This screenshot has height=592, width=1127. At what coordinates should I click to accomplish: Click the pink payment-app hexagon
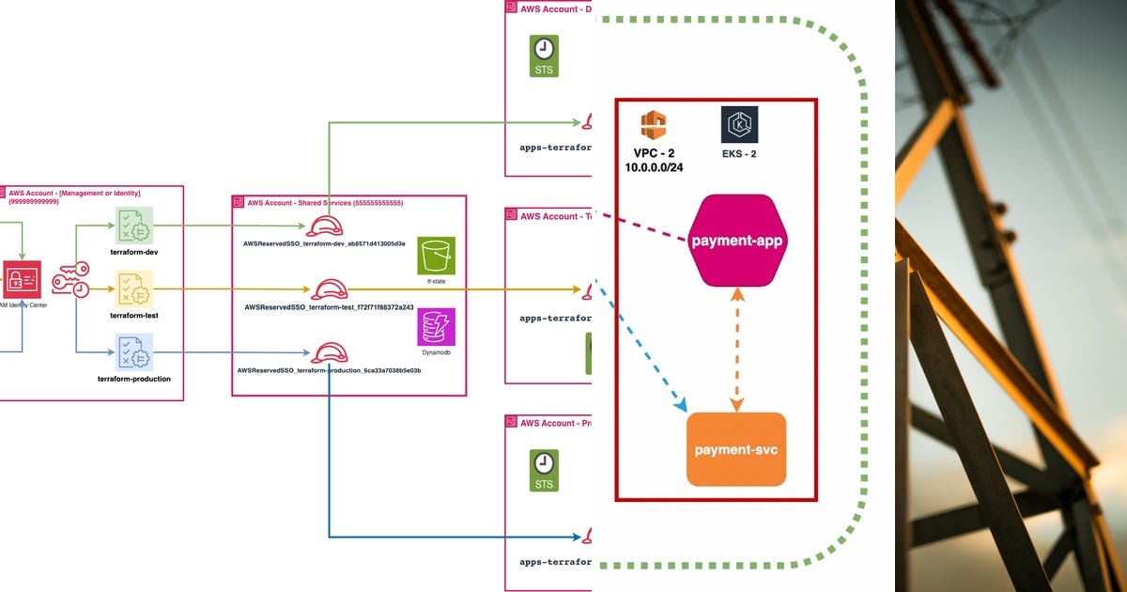[x=737, y=241]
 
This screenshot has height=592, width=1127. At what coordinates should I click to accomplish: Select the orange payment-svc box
[x=736, y=449]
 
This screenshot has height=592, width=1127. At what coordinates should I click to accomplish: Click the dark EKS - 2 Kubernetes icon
[x=739, y=125]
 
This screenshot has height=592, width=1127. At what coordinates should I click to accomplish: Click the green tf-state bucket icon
[x=436, y=256]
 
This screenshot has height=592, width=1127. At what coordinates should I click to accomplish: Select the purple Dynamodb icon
[x=436, y=327]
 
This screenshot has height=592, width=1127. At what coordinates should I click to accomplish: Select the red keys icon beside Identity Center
[x=70, y=279]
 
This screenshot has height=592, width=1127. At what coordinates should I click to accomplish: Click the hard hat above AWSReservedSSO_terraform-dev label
[x=324, y=226]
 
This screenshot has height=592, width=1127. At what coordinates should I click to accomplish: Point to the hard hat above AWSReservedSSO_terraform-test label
[x=330, y=288]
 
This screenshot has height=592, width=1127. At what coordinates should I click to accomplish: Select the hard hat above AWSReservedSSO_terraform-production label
[x=330, y=352]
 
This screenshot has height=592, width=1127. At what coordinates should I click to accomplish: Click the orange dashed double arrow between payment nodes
[x=737, y=348]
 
